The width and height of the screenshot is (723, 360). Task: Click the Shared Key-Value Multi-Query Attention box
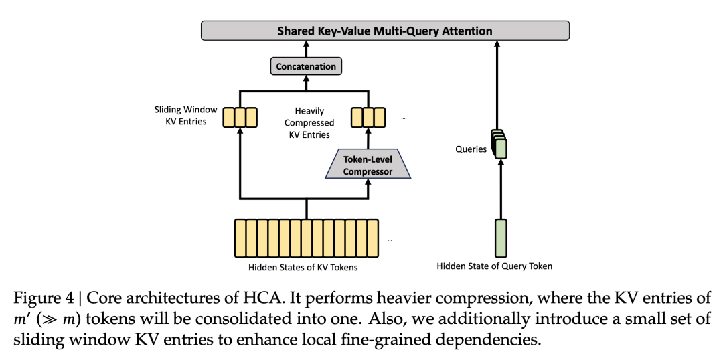[x=385, y=31]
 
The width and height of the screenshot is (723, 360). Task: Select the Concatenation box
[x=307, y=66]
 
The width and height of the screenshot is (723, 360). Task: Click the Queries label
[x=471, y=149]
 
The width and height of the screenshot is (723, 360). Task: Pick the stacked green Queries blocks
[x=499, y=144]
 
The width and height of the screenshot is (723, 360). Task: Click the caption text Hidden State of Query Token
[x=495, y=266]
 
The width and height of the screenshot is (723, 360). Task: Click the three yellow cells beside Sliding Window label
[x=241, y=117]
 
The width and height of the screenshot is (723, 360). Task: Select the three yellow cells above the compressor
[x=368, y=117]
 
